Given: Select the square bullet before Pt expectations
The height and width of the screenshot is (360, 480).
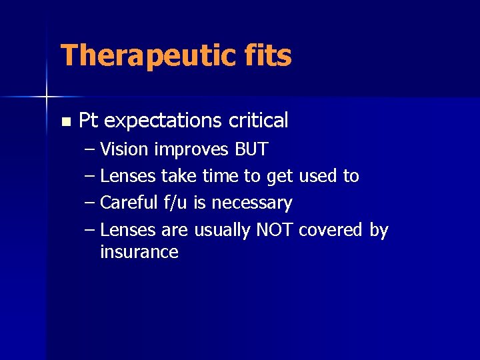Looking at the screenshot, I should click(x=65, y=122).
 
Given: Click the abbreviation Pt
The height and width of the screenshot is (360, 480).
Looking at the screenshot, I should click(x=89, y=121).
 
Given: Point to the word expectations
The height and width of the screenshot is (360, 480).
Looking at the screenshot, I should click(x=163, y=121).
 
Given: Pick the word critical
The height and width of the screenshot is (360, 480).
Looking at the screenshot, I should click(x=259, y=121).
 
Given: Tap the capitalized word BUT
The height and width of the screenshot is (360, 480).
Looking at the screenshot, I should click(x=251, y=149).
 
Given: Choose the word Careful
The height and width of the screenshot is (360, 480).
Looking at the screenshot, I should click(x=129, y=203).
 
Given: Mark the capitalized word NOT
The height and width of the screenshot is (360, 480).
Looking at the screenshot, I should click(x=275, y=230).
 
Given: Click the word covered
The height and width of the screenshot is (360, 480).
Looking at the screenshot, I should click(x=331, y=230).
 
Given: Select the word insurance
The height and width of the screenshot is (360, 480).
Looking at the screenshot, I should click(x=139, y=252).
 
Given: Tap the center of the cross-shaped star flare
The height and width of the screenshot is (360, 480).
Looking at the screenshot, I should click(x=47, y=97).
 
